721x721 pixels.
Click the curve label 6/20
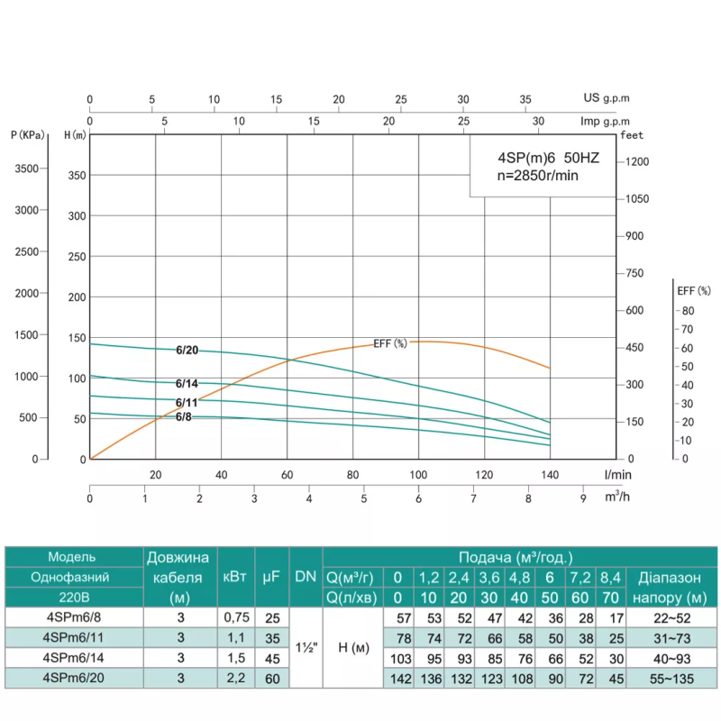[x=187, y=351]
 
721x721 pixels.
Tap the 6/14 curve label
[x=187, y=383]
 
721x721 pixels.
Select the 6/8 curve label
[x=184, y=415]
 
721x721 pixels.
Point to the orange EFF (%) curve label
[x=390, y=343]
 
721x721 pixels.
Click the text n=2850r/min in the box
[x=537, y=175]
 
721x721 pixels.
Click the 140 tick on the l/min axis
[x=550, y=475]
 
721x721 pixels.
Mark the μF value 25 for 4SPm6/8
[x=269, y=617]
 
